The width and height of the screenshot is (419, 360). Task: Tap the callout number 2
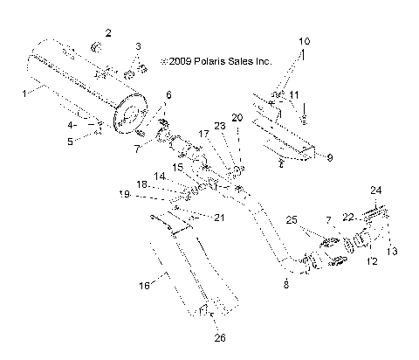tap(108, 32)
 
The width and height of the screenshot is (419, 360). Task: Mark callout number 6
tap(168, 94)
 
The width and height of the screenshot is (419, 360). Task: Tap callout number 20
tap(237, 117)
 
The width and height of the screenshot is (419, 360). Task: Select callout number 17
tap(203, 134)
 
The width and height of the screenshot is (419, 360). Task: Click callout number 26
tap(218, 338)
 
